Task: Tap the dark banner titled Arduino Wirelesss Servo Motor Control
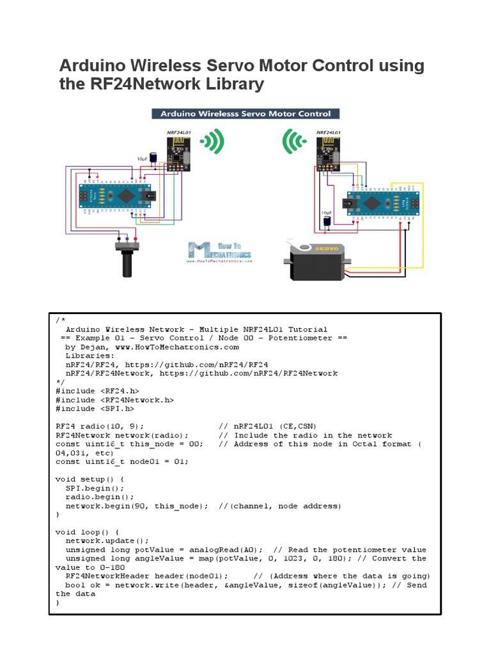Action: click(x=245, y=114)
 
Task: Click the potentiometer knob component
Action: click(x=127, y=260)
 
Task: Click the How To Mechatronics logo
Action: click(x=219, y=251)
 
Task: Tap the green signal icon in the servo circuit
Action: click(x=293, y=143)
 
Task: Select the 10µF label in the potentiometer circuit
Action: click(x=143, y=157)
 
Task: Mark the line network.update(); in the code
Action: click(x=107, y=541)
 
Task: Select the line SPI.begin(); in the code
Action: click(x=95, y=487)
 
